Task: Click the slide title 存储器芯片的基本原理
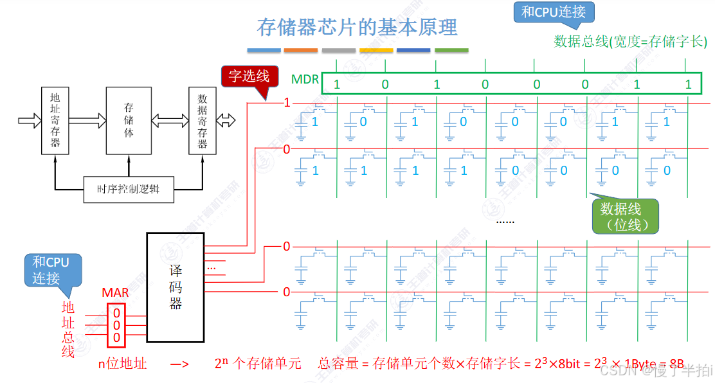(x=357, y=27)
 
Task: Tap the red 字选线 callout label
(x=249, y=76)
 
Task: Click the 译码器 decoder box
(x=176, y=287)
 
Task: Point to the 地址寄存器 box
(x=55, y=120)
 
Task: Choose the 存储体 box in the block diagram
(x=129, y=120)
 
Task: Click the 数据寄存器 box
(x=202, y=120)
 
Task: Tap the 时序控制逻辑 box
(x=129, y=190)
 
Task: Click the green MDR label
(x=305, y=80)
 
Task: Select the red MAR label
(x=115, y=293)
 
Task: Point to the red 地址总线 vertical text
(x=68, y=329)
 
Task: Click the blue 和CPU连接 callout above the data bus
(x=554, y=12)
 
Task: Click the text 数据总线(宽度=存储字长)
(x=630, y=42)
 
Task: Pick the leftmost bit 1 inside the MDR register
(x=337, y=84)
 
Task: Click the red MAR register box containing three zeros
(x=116, y=325)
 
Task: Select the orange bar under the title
(x=301, y=50)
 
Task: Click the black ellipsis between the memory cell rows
(x=505, y=220)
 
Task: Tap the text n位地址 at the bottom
(x=122, y=364)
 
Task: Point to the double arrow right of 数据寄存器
(x=227, y=120)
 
